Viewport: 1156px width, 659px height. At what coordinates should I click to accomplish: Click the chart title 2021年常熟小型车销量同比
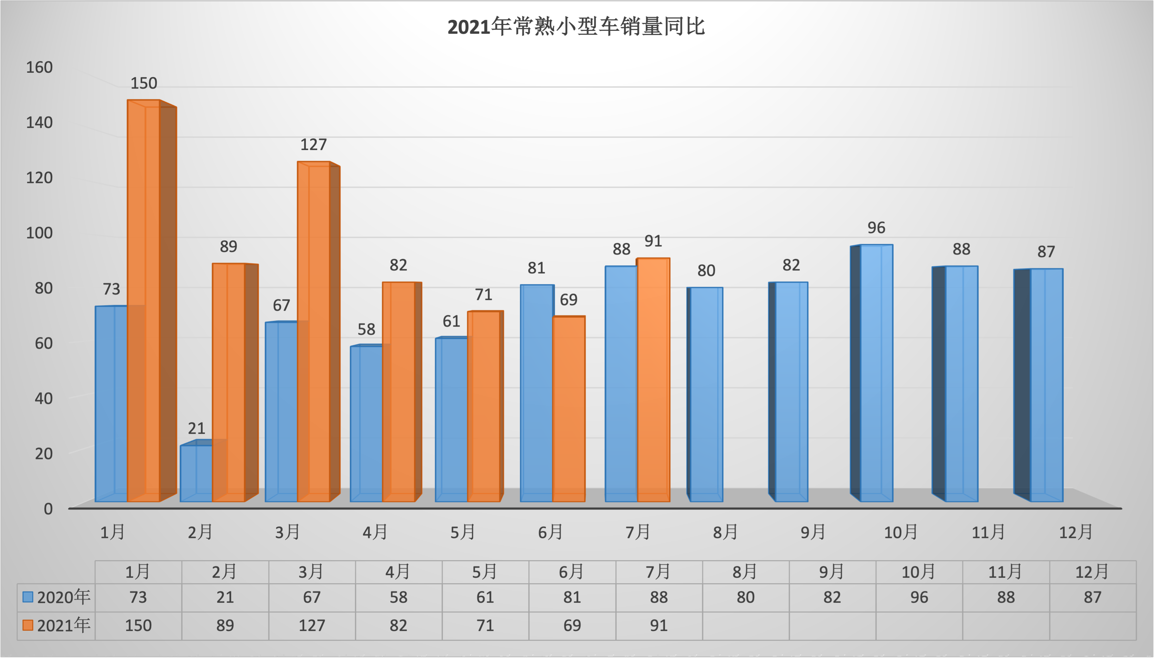[x=576, y=27]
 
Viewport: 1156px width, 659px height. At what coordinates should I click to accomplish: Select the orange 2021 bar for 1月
[x=143, y=299]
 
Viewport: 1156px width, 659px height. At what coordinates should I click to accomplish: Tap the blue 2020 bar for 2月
[x=196, y=473]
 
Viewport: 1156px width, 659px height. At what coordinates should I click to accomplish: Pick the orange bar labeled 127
[x=314, y=330]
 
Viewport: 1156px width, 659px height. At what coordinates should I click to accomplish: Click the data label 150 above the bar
[x=143, y=83]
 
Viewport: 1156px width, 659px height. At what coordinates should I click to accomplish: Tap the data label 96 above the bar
[x=876, y=228]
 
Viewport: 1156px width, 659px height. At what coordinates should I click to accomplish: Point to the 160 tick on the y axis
[x=39, y=68]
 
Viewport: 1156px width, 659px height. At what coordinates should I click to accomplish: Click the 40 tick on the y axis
[x=44, y=398]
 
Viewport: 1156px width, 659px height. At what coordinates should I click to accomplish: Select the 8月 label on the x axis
[x=725, y=532]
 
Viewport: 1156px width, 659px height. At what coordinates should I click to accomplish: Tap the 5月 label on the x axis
[x=462, y=532]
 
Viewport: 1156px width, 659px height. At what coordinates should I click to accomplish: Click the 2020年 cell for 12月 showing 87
[x=1093, y=597]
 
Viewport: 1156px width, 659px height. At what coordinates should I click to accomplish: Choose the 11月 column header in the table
[x=1005, y=572]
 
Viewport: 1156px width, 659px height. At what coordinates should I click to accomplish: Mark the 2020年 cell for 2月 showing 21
[x=225, y=597]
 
